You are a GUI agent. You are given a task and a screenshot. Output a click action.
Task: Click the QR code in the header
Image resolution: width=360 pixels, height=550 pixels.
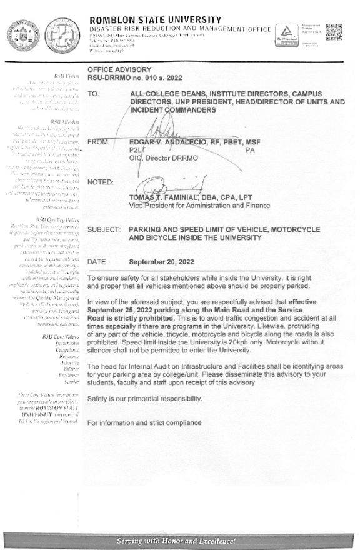334,31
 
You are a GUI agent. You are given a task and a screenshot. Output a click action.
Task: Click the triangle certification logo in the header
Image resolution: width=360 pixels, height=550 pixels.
286,31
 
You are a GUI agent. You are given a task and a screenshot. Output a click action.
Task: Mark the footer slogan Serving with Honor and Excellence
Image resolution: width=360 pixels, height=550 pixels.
180,539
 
